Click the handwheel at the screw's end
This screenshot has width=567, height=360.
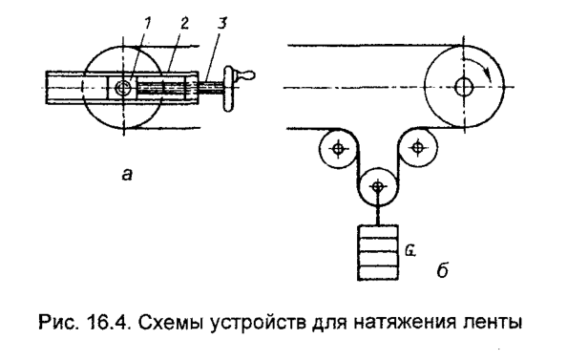coord(229,89)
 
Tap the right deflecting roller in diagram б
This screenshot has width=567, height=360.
coord(417,148)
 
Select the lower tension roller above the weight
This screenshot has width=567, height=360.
coord(378,184)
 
